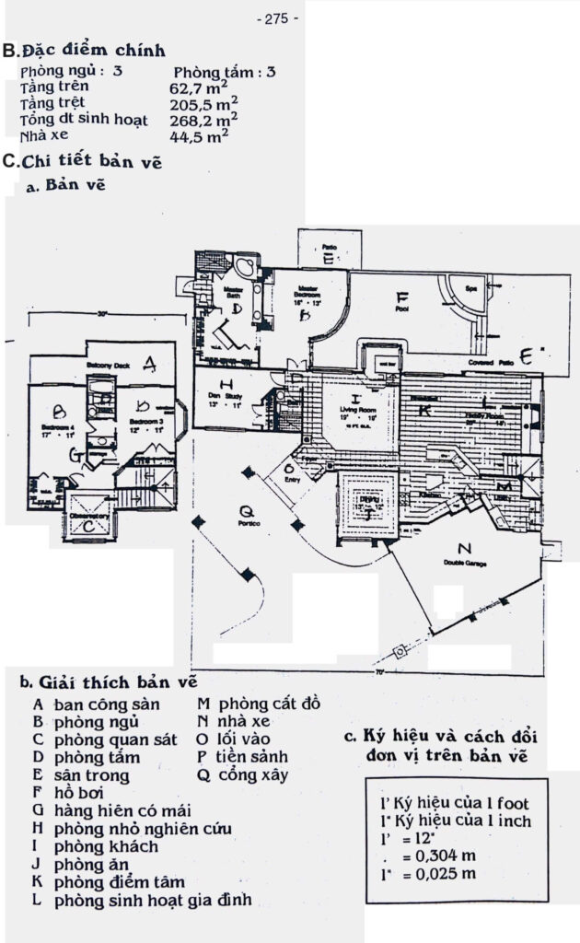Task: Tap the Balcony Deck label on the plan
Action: pyautogui.click(x=109, y=366)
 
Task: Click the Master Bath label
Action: pyautogui.click(x=233, y=292)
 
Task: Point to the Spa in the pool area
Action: pyautogui.click(x=470, y=288)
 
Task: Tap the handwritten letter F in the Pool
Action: pyautogui.click(x=400, y=298)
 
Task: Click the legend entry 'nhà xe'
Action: pyautogui.click(x=243, y=721)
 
